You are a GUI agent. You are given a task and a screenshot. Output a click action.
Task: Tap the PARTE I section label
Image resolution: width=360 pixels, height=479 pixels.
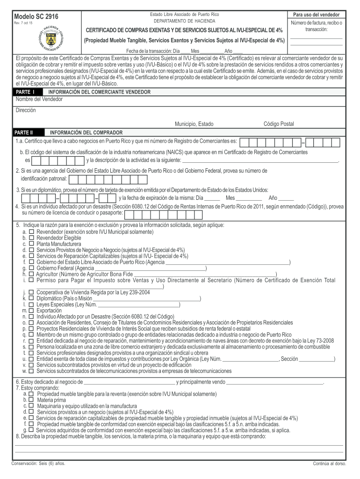click(25, 92)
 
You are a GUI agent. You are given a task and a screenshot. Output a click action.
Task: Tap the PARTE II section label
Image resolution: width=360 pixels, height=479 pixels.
click(26, 132)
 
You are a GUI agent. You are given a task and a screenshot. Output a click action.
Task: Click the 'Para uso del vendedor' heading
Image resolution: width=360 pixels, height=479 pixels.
click(316, 15)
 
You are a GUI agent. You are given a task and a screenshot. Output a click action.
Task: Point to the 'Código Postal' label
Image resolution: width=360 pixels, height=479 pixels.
click(279, 124)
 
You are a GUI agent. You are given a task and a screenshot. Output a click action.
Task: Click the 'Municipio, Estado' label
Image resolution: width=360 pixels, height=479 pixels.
click(194, 124)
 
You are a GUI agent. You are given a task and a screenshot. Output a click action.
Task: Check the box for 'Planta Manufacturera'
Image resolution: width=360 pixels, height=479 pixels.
click(31, 244)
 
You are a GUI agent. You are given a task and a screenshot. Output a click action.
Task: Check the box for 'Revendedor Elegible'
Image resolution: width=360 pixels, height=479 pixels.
click(31, 238)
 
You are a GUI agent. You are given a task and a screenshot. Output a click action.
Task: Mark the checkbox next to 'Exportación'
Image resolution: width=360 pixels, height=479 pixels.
click(31, 310)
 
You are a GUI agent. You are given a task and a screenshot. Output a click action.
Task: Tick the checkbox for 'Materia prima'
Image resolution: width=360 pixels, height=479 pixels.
click(31, 400)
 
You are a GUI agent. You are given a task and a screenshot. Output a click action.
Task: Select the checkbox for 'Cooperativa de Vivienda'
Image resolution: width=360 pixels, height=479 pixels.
click(31, 292)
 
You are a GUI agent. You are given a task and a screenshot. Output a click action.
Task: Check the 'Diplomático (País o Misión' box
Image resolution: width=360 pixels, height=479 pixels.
click(31, 298)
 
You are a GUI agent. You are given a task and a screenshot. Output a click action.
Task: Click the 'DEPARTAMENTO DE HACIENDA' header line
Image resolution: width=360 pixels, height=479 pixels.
click(185, 22)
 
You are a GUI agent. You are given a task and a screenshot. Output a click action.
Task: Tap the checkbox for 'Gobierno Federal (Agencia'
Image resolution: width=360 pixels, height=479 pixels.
click(31, 268)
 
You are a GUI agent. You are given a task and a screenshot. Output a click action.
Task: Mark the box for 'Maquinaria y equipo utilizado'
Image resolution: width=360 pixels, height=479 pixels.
click(31, 406)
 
